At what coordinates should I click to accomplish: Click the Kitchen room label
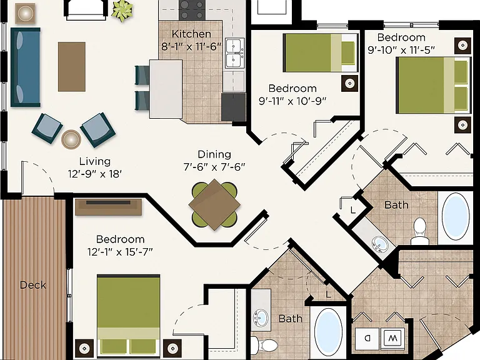tap(191, 34)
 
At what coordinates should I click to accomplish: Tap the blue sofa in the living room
tap(26, 67)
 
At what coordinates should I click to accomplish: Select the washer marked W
tap(392, 339)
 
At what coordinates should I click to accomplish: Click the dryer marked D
tap(367, 339)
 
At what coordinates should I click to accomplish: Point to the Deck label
tap(33, 285)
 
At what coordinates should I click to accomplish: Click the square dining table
tap(214, 204)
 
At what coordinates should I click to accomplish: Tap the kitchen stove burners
tap(192, 10)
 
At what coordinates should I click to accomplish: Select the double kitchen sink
tap(235, 53)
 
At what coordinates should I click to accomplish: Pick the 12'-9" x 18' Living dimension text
tap(95, 174)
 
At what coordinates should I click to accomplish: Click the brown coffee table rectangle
tap(72, 67)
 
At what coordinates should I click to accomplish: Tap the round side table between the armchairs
tap(71, 139)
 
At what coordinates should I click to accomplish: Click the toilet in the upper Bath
tap(420, 231)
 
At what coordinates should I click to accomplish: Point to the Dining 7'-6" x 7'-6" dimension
tap(214, 167)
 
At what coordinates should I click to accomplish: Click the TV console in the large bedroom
tap(108, 207)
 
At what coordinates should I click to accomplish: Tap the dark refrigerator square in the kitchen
tap(234, 107)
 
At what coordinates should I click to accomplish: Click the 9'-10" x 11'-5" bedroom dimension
tap(401, 49)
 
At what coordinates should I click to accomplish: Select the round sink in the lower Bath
tap(261, 318)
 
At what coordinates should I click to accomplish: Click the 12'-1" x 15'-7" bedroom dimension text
tap(120, 252)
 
